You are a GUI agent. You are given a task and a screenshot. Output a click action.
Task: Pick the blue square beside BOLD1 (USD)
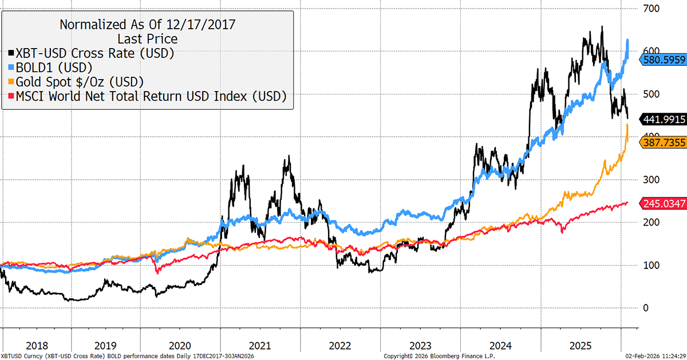tap(12, 68)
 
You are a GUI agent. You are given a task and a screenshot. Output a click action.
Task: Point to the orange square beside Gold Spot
tap(12, 82)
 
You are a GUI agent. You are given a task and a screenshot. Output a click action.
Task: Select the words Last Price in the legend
tap(148, 39)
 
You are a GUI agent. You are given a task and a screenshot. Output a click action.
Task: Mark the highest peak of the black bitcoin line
tap(602, 26)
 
